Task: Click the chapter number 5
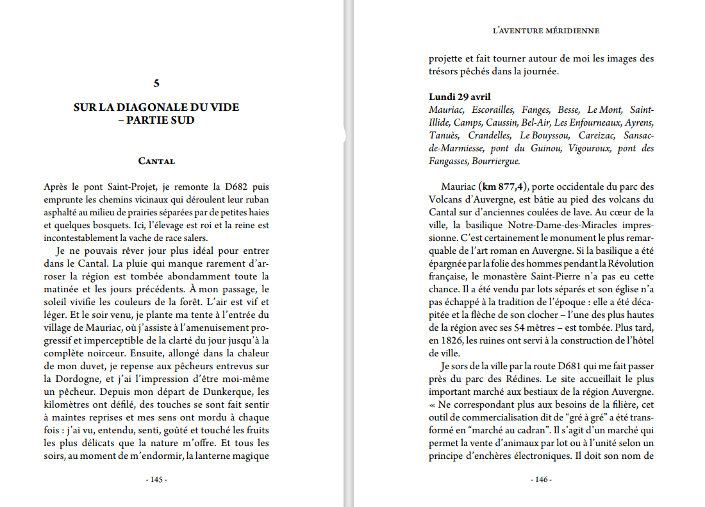tap(156, 83)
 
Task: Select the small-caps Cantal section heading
tap(156, 161)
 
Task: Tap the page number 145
tap(156, 480)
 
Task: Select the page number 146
tap(541, 480)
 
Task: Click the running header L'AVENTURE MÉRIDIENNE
tap(545, 30)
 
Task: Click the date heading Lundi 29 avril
tap(460, 97)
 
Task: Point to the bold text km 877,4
tap(504, 187)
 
